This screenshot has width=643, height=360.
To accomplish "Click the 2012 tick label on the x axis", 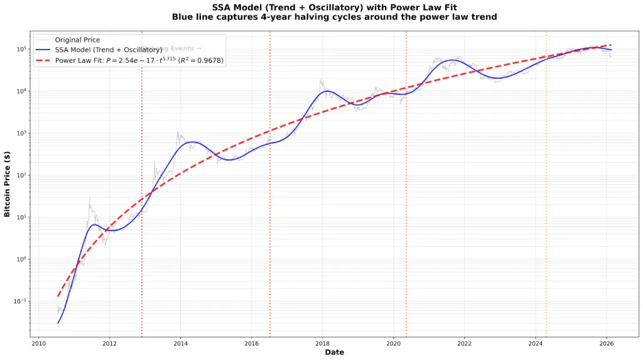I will tap(109, 344).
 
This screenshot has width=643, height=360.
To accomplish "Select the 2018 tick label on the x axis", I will tap(322, 344).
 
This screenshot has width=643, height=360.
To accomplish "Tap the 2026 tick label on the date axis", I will tap(607, 344).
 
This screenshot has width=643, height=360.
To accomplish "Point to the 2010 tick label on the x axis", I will tap(38, 344).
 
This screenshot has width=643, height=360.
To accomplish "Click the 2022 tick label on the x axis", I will tap(465, 344).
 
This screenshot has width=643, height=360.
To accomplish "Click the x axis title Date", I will tap(334, 352).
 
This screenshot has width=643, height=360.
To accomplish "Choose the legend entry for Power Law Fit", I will tap(139, 60).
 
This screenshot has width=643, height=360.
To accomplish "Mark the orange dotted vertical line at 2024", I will tap(546, 188).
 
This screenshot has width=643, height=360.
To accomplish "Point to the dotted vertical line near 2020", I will tap(406, 188).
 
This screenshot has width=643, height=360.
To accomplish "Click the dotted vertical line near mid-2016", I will tap(270, 188).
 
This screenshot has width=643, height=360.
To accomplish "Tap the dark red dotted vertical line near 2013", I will tap(142, 188).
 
